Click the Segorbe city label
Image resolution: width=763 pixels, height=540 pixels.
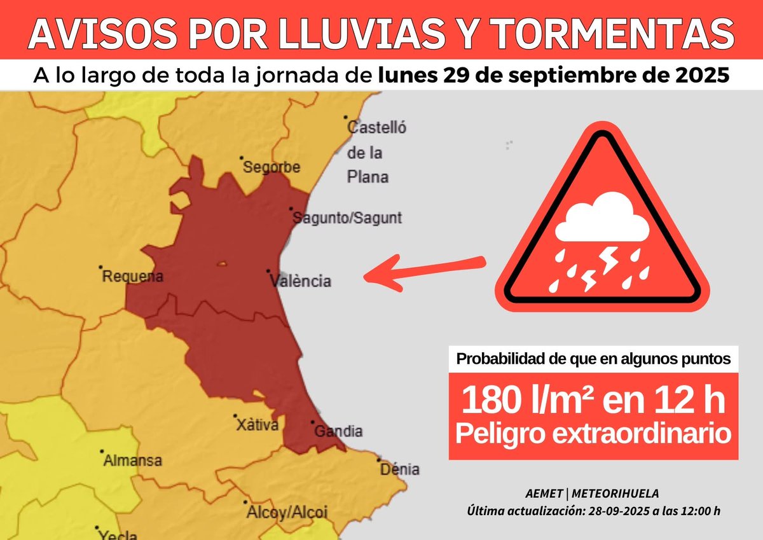click(272, 167)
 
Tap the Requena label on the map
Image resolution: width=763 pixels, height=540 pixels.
click(133, 277)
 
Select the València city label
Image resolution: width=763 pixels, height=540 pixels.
click(300, 280)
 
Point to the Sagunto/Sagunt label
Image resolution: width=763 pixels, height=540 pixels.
click(347, 218)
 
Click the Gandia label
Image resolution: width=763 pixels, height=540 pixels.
click(339, 431)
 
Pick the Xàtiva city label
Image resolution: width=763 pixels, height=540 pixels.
click(257, 425)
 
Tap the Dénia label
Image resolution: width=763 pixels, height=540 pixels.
click(399, 469)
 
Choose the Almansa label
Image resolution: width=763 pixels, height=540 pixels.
click(132, 460)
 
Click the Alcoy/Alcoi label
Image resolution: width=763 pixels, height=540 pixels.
click(286, 512)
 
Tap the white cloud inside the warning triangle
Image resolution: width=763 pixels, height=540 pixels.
click(600, 220)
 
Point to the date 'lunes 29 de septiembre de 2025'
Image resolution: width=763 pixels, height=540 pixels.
click(553, 76)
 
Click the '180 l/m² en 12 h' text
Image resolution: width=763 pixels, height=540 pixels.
click(593, 401)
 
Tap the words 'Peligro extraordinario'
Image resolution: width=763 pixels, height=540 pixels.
click(593, 434)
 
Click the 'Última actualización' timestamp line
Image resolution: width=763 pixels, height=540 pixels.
click(593, 511)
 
